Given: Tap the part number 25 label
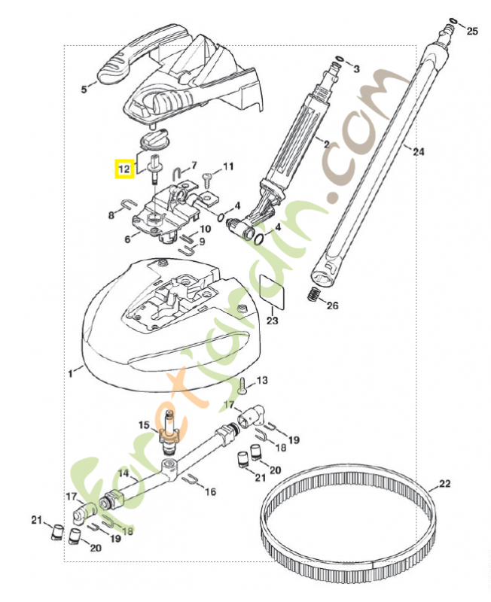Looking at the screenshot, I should pos(472,31).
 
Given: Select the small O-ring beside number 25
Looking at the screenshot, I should pos(452,20).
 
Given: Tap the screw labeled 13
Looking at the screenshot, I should pos(242,386).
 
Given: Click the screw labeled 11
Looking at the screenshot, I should pos(208,176).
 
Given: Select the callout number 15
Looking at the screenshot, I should pos(144,425).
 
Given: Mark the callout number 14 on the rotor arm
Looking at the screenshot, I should pos(124,473).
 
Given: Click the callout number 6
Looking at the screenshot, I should pos(127,239).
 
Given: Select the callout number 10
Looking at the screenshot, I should pos(205,229).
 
